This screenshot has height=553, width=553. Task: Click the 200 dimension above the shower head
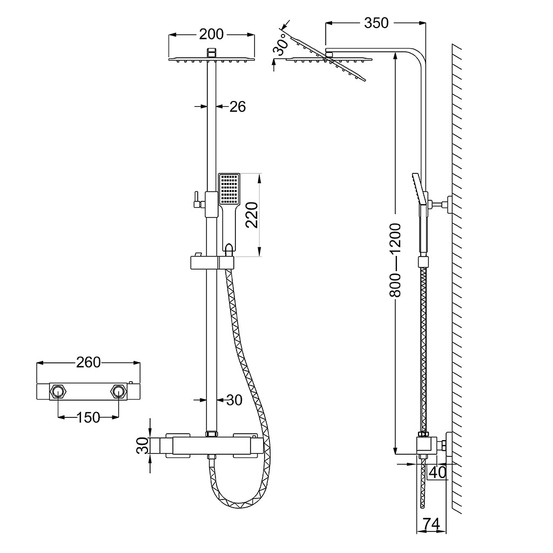tap(211, 34)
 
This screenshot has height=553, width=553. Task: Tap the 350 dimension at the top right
tap(376, 23)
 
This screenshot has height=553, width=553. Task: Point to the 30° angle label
tap(279, 47)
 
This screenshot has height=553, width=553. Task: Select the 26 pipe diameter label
tap(237, 107)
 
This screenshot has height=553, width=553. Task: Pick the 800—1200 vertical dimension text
tap(396, 259)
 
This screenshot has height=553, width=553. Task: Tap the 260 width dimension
tap(89, 362)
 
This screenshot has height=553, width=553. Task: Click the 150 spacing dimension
tap(89, 417)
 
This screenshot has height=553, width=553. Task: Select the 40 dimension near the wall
tap(438, 473)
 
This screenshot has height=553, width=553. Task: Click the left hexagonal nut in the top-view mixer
tap(58, 392)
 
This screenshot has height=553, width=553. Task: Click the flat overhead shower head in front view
tap(212, 59)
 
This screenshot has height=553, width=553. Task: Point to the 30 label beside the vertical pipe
tap(234, 400)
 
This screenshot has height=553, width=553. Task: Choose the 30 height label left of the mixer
tap(142, 447)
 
